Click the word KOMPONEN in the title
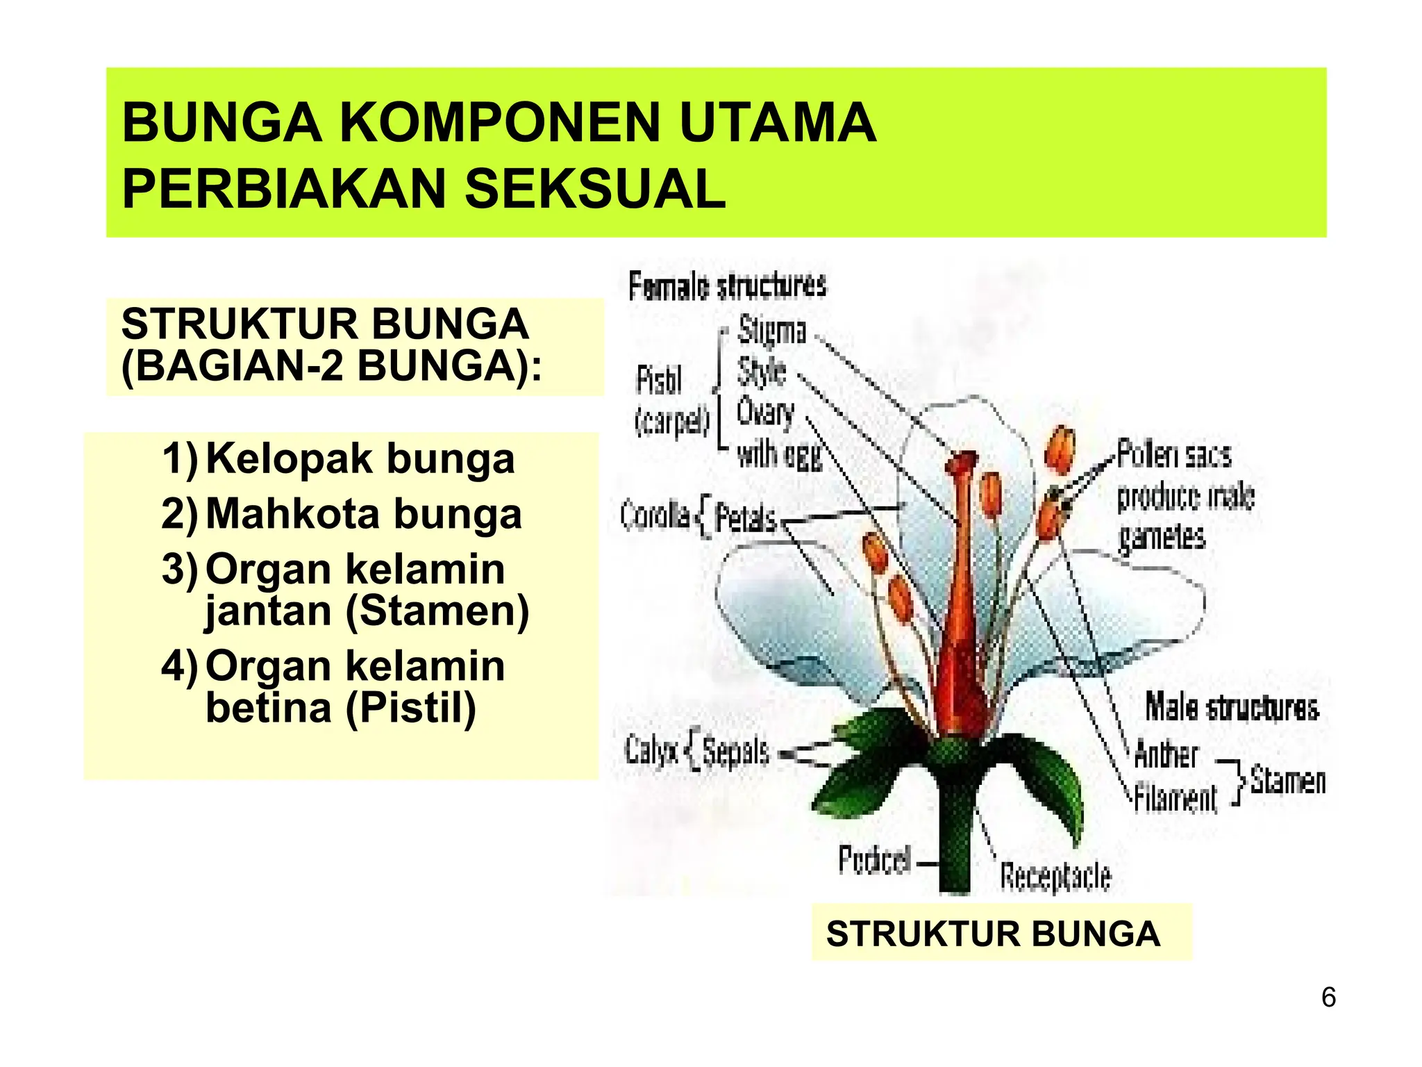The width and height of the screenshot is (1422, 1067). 500,123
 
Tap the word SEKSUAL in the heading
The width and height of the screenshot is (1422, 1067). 595,189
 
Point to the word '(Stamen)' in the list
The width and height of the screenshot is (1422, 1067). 437,611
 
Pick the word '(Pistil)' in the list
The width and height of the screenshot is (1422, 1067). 410,709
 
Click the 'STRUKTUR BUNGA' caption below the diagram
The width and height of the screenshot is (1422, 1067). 993,934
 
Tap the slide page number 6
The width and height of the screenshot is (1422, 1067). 1328,998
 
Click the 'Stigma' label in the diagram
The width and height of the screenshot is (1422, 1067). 771,330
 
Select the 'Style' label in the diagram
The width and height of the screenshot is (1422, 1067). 761,372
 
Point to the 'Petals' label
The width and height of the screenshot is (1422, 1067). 746,518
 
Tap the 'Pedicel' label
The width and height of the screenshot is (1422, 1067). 874,860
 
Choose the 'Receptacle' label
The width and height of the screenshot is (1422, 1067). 1055,877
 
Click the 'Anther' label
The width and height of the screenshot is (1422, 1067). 1166,754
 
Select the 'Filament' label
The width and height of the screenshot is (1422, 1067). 1175,797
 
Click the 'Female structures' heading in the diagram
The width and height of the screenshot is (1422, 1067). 727,286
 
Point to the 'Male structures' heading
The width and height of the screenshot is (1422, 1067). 1231,708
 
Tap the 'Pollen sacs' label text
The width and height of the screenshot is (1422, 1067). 1173,456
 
